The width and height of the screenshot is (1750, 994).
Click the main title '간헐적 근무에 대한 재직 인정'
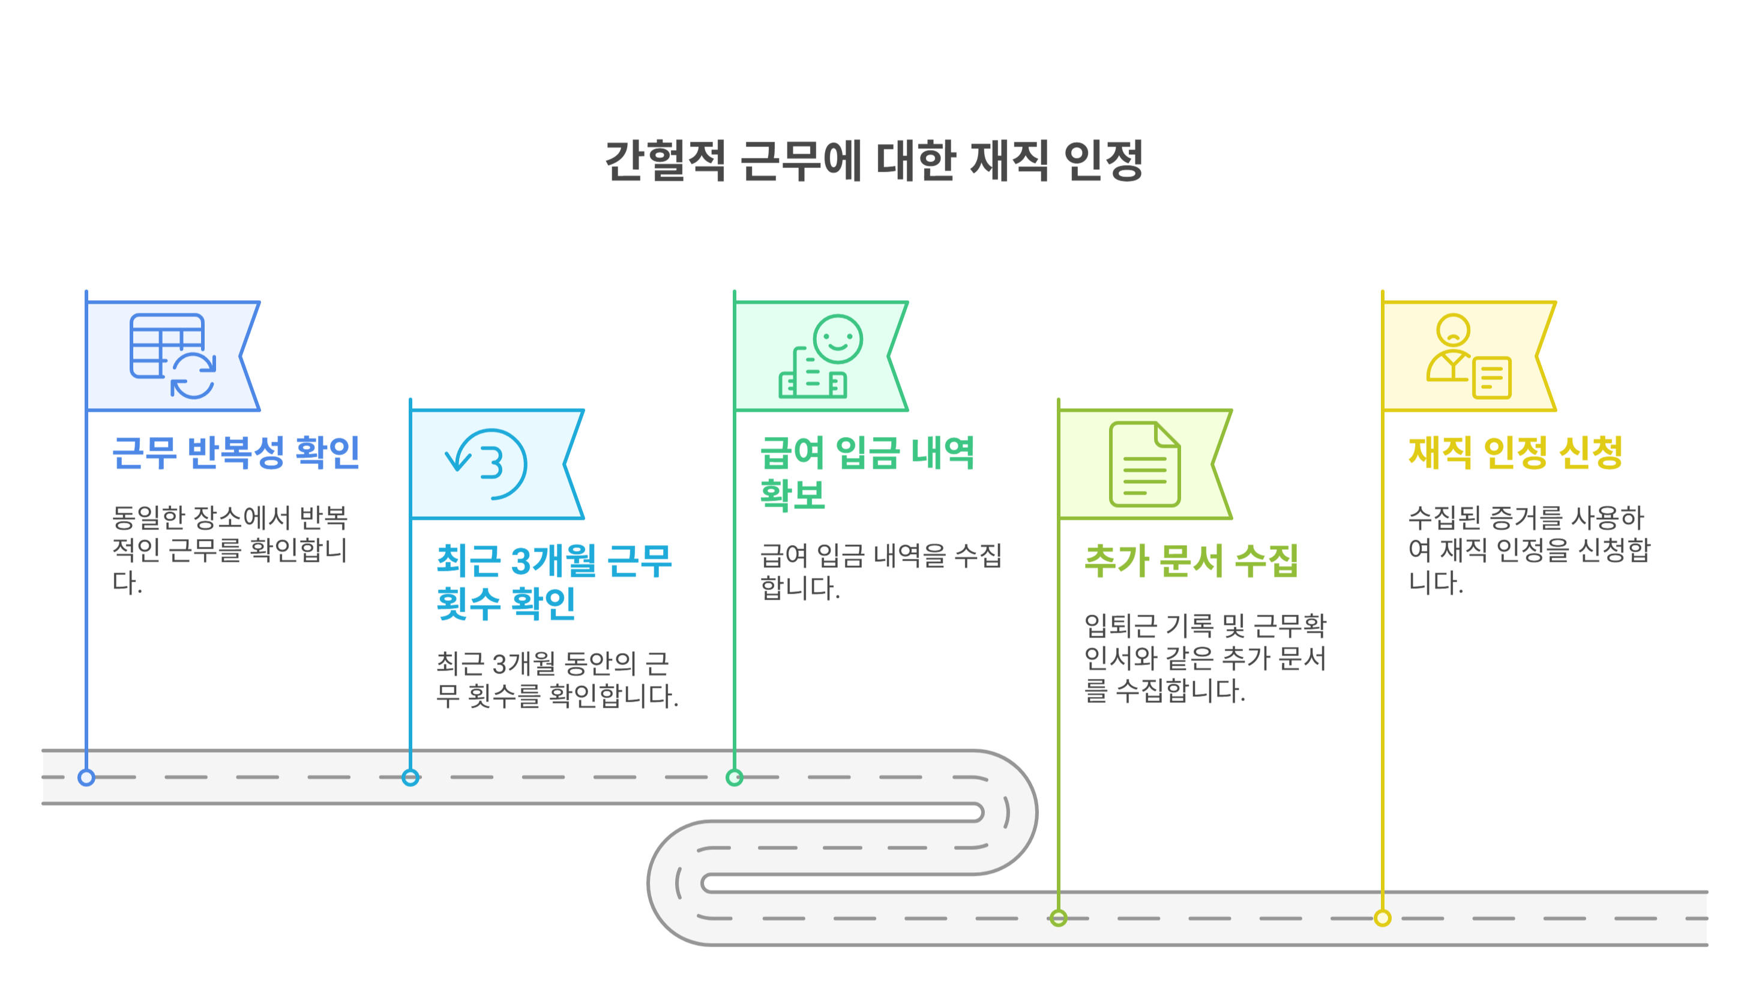coord(874,161)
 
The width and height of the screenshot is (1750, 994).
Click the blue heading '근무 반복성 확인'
coord(235,452)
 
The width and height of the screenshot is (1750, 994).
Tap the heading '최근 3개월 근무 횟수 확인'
coord(553,582)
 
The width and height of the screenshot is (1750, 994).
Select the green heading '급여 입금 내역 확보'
coord(867,472)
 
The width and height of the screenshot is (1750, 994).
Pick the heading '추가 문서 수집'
coord(1191,561)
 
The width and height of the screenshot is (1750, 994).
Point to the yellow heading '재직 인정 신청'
coord(1515,452)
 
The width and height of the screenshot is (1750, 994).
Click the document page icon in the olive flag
coord(1144,464)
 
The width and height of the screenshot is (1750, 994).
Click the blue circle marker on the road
coord(86,777)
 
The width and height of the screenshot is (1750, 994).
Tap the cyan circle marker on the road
coord(410,777)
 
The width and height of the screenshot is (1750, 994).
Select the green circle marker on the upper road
coord(735,777)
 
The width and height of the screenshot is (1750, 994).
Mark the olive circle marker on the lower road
coord(1059,918)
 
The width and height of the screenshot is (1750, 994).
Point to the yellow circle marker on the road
coord(1383,918)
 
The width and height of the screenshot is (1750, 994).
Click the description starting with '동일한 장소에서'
coord(230,550)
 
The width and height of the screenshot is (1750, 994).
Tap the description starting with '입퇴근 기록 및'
coord(1204,657)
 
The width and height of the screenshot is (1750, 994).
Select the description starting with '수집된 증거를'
coord(1529,550)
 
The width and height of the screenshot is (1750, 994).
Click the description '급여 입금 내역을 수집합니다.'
coord(880,571)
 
